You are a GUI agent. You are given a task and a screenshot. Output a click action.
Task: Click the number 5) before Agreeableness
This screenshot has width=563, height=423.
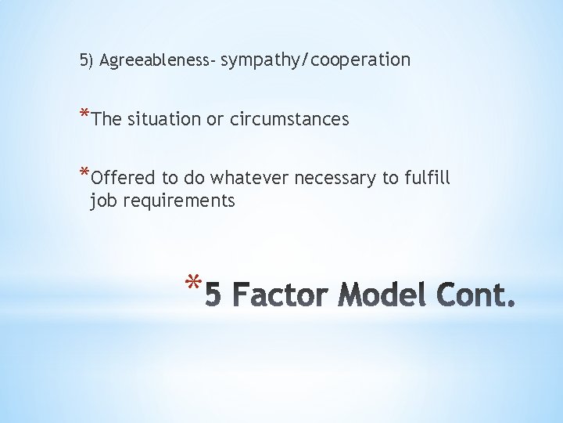click(86, 60)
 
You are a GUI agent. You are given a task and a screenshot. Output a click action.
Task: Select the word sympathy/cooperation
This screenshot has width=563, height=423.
click(317, 60)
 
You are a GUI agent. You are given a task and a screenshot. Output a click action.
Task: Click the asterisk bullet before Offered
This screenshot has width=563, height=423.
click(84, 174)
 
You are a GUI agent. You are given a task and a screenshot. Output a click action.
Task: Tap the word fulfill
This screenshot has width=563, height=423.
click(427, 178)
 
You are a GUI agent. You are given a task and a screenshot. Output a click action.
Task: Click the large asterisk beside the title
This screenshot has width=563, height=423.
click(195, 284)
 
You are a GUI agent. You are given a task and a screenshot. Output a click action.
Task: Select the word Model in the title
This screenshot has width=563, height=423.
click(380, 296)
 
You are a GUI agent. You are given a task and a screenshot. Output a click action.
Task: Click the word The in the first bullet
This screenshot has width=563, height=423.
click(106, 119)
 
